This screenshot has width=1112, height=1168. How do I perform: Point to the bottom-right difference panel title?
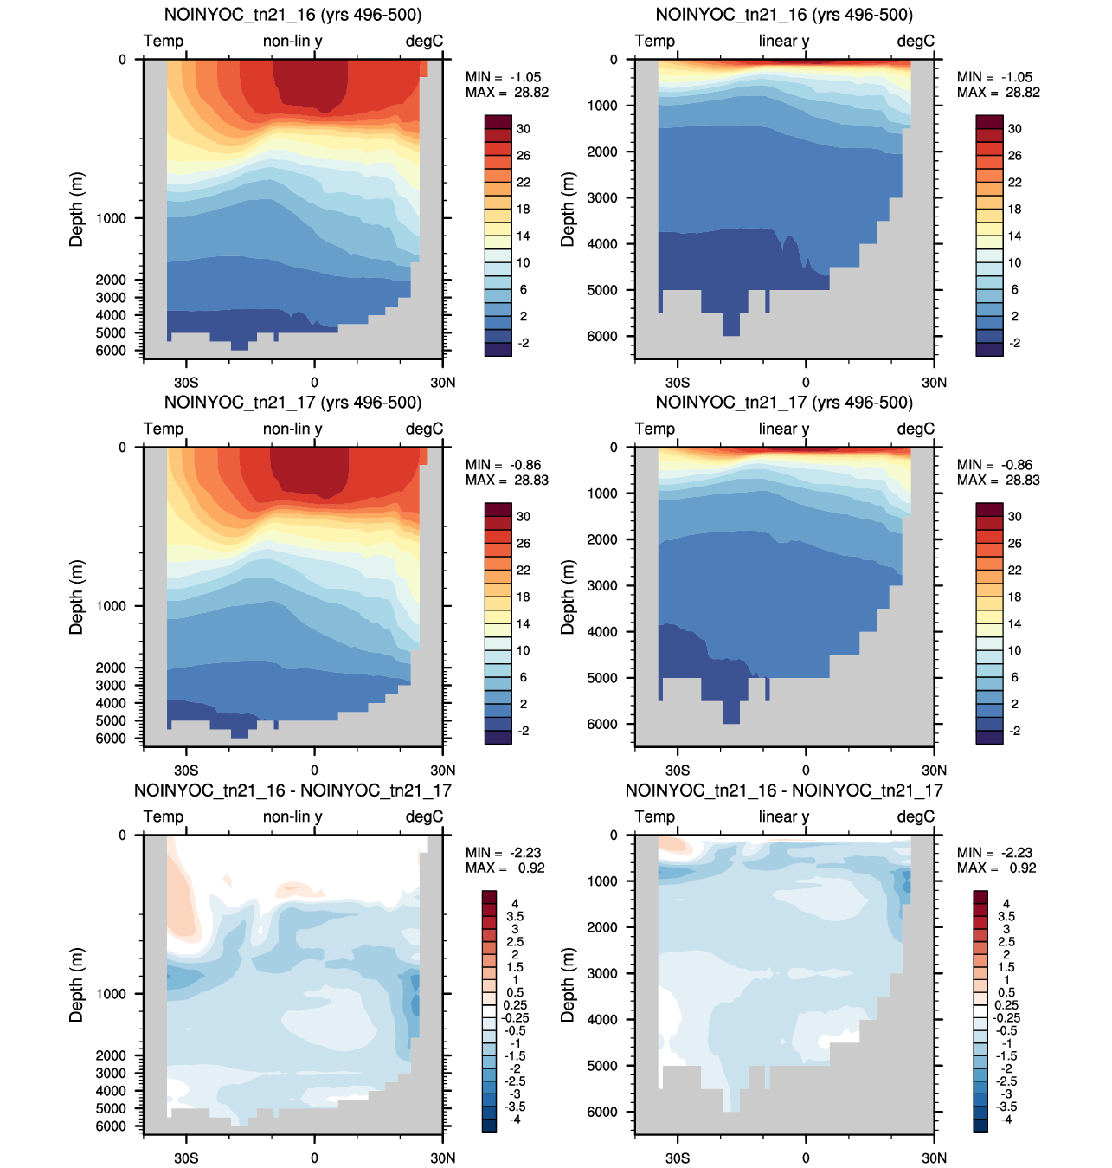click(x=784, y=790)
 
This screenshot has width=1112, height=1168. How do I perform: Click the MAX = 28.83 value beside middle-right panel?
click(x=998, y=480)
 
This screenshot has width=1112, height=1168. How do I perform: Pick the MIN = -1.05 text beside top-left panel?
click(x=503, y=77)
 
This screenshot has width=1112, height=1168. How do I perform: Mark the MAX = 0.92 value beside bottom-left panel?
click(x=505, y=868)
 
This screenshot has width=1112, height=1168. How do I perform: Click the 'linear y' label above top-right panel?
click(x=783, y=41)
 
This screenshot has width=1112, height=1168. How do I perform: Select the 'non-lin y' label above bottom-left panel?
click(x=292, y=816)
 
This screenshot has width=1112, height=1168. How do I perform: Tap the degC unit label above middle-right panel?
click(x=916, y=429)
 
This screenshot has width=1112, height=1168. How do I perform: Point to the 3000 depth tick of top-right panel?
click(x=601, y=197)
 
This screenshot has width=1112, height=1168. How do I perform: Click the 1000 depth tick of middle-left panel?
click(x=111, y=606)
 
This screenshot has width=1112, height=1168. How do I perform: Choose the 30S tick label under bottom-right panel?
click(x=678, y=1158)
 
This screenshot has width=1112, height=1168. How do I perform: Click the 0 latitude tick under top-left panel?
click(x=314, y=383)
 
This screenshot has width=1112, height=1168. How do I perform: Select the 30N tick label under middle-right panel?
click(x=934, y=771)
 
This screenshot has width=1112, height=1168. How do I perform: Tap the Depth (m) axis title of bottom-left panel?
click(x=77, y=984)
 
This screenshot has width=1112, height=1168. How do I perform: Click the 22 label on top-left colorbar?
click(x=524, y=183)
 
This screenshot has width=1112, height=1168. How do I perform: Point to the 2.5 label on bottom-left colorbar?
click(x=515, y=942)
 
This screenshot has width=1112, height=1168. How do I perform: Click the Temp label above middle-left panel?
click(x=164, y=429)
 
